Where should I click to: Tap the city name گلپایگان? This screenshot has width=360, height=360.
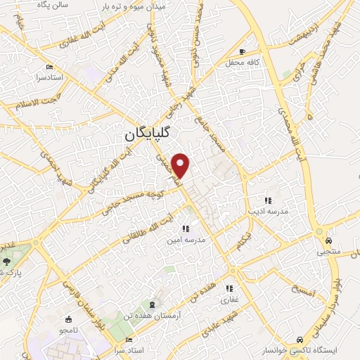click(152, 133)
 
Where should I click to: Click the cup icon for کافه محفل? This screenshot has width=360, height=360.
click(243, 51)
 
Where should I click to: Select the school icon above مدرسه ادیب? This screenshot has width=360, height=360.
click(266, 199)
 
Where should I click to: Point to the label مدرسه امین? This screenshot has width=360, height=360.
click(186, 239)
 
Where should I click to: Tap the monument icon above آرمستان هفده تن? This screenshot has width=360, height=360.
click(151, 304)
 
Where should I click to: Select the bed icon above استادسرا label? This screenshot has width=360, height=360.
click(49, 67)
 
